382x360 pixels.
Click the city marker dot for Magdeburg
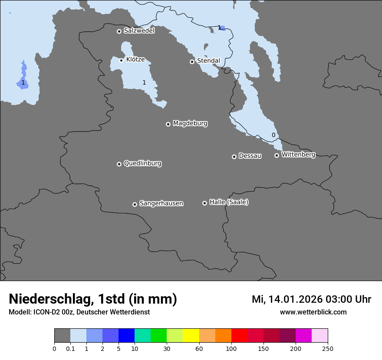(x=168, y=124)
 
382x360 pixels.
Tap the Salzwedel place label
(x=139, y=31)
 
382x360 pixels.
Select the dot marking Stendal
(x=192, y=62)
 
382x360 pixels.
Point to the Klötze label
(x=135, y=59)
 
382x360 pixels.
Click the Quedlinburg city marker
(x=119, y=164)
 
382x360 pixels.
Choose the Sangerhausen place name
(x=161, y=203)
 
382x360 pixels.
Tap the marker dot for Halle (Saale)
(x=204, y=203)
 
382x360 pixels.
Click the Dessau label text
(x=250, y=156)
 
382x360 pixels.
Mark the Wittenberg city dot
(x=277, y=155)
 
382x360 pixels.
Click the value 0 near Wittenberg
(x=273, y=135)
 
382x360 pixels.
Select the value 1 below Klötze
(x=144, y=82)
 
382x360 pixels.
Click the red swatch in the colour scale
(x=239, y=336)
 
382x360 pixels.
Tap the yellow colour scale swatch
(x=191, y=336)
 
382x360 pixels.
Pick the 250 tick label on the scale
(x=328, y=348)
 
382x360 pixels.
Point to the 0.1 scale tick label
(x=70, y=348)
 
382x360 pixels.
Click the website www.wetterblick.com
(x=313, y=312)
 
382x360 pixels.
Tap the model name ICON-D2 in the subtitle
(x=46, y=312)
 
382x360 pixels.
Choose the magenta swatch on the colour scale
(x=303, y=336)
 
